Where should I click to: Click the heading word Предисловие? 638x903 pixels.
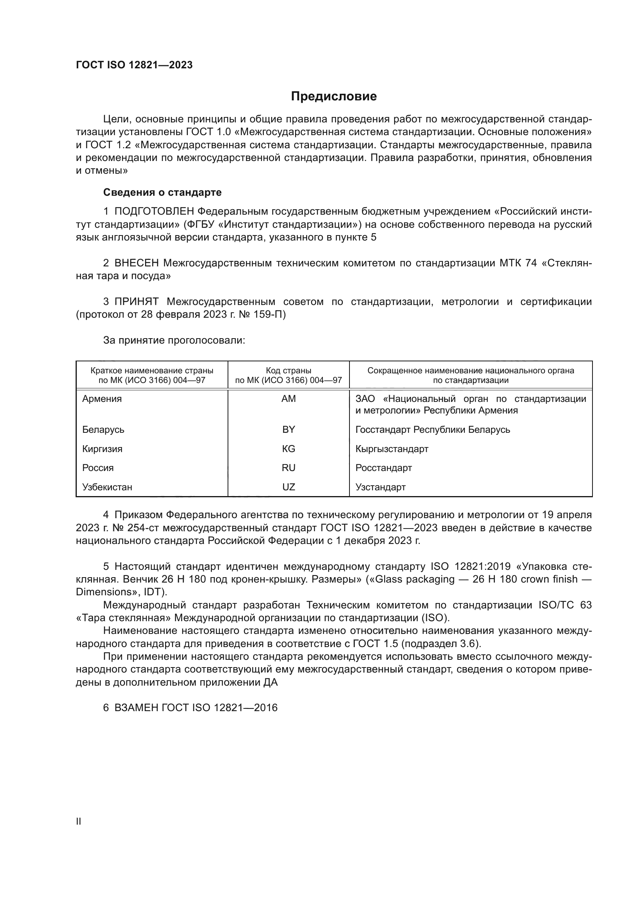(x=334, y=97)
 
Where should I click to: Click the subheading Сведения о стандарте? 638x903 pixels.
(x=162, y=192)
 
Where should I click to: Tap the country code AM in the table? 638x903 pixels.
(x=289, y=399)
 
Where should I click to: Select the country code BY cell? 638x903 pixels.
(x=289, y=429)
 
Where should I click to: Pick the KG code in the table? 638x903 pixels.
(x=289, y=449)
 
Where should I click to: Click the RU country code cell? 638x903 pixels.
(x=289, y=468)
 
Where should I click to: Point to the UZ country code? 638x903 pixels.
(x=289, y=487)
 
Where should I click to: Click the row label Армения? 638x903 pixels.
(x=102, y=399)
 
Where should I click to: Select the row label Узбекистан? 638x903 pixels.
(x=107, y=487)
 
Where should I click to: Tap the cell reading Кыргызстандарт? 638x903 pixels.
(x=392, y=449)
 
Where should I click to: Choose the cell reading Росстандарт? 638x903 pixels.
(x=383, y=468)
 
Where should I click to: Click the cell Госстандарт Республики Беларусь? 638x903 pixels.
(x=432, y=429)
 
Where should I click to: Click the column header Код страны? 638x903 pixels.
(x=289, y=371)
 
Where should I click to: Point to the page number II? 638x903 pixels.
(x=79, y=821)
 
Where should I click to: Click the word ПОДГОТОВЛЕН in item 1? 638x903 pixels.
(x=154, y=212)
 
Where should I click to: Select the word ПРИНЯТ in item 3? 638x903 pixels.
(x=136, y=302)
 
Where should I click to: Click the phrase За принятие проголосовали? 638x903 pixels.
(x=174, y=340)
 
